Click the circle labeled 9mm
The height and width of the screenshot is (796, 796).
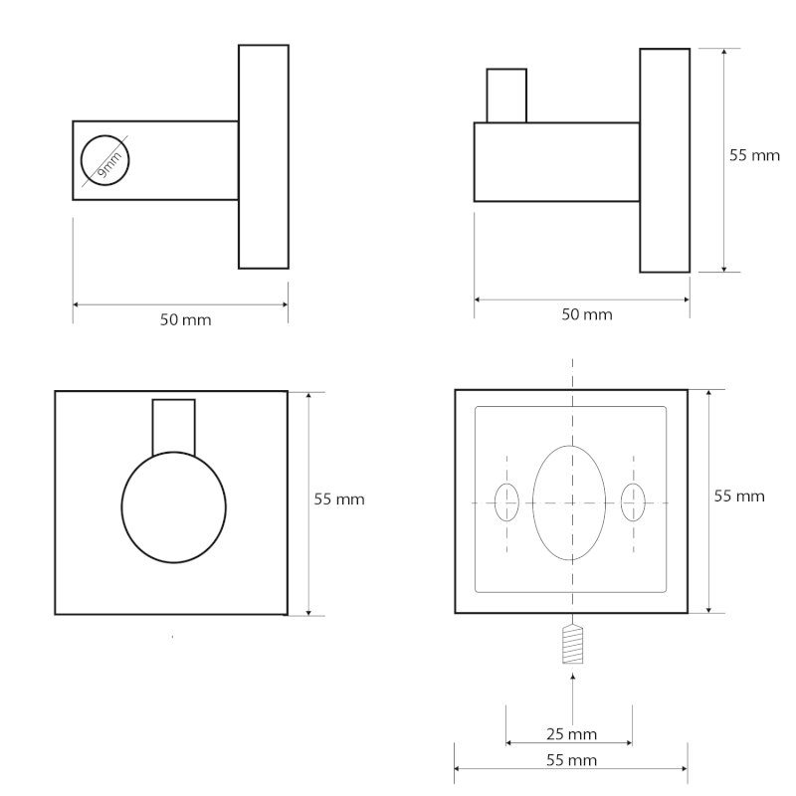point(105,160)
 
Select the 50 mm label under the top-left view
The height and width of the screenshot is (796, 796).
point(186,320)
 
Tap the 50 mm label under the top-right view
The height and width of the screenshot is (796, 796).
point(587,314)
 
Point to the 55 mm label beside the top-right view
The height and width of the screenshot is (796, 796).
point(754,156)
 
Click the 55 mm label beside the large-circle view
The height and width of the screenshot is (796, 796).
point(339,499)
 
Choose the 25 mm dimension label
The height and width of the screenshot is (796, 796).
point(572,734)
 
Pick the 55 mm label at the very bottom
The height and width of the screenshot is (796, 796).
point(572,760)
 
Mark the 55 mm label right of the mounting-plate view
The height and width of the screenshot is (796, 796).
point(739,495)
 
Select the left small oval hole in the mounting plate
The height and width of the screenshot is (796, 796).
point(507,501)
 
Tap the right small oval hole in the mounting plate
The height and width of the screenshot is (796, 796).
point(633,501)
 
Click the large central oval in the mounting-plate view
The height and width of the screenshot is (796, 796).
point(570,502)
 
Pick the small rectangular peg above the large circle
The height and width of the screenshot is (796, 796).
point(173,426)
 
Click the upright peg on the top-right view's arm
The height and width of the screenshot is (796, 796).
point(505,96)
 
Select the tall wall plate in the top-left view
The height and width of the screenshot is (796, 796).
point(264,156)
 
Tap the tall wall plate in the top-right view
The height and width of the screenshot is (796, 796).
point(664,159)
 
